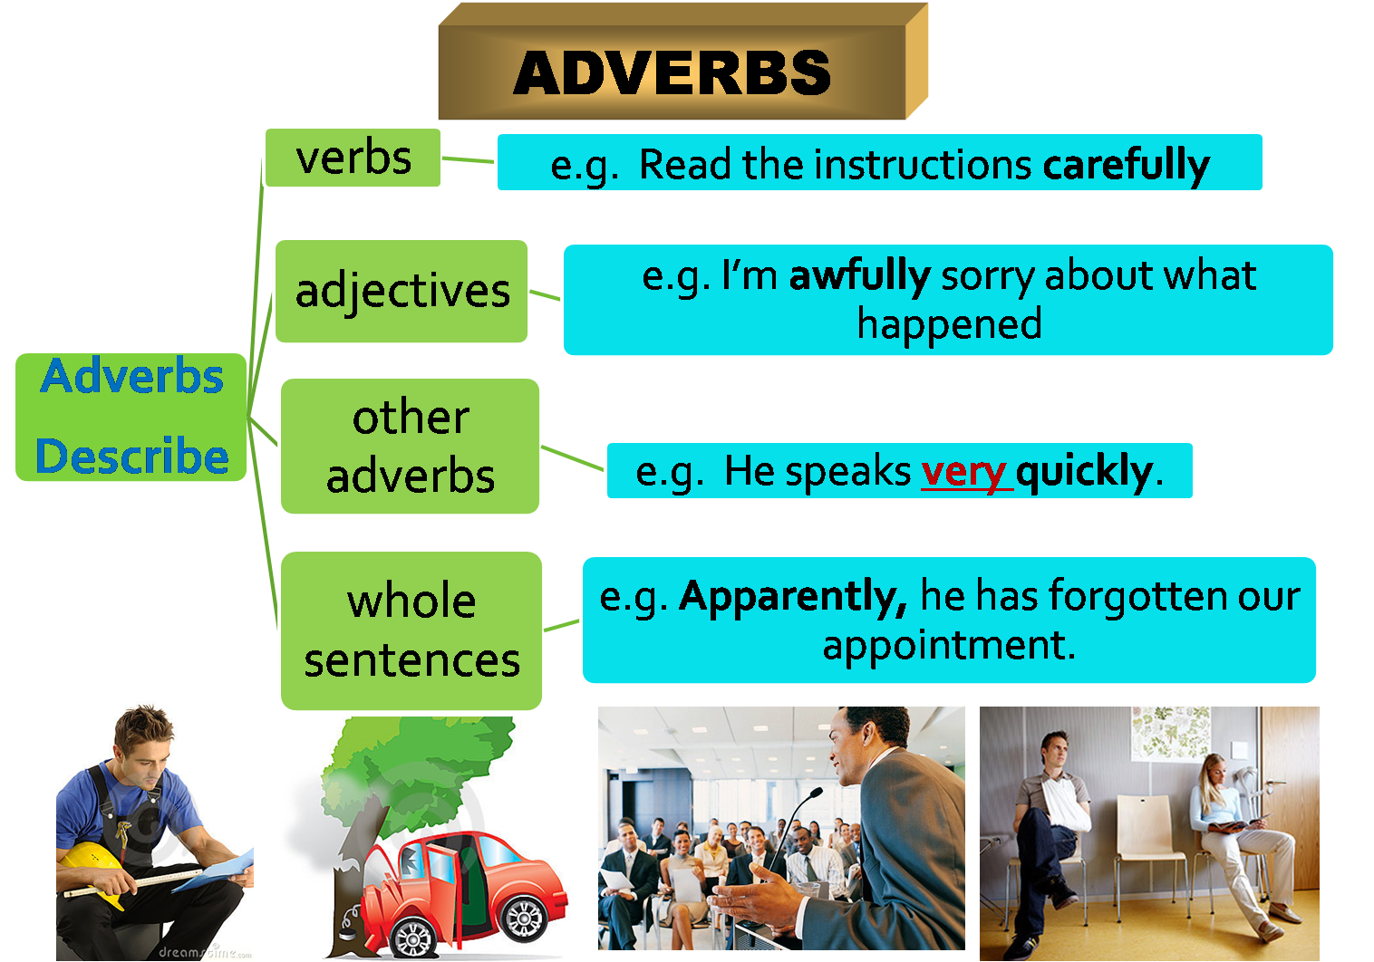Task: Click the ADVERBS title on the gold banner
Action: [x=672, y=72]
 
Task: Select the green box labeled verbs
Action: [x=353, y=159]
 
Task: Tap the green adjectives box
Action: [x=402, y=292]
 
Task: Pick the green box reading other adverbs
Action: [x=411, y=447]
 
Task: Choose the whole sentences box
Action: [x=412, y=630]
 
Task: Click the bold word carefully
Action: [x=1126, y=165]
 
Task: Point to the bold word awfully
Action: [x=859, y=275]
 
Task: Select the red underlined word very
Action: [x=963, y=471]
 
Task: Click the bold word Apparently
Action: [x=792, y=596]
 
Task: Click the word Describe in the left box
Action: [x=132, y=456]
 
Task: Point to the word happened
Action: [x=949, y=324]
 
